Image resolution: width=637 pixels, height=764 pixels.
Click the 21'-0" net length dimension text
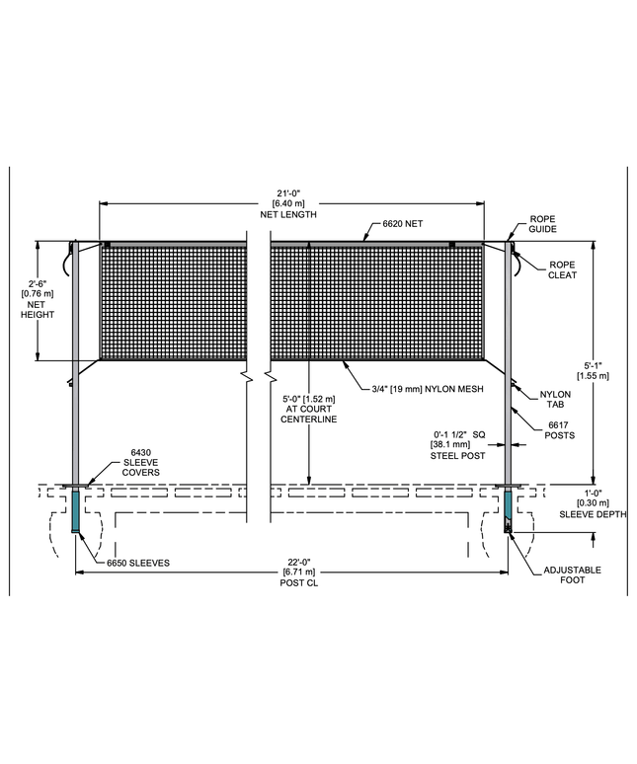coord(288,203)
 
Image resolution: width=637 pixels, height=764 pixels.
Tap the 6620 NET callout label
coord(403,224)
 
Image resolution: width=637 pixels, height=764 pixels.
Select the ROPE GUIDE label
coord(542,224)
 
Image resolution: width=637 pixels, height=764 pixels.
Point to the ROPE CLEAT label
coord(562,269)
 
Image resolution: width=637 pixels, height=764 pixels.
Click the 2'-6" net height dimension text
coord(38,299)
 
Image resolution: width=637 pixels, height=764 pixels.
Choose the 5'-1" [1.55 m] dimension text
coord(593,370)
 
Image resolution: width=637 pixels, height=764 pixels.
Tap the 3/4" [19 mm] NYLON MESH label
coord(428,389)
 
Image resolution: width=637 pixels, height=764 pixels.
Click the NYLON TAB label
coord(555,399)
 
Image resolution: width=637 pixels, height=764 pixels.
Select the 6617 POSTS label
coord(559,430)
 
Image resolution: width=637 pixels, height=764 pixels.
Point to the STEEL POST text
coord(457,456)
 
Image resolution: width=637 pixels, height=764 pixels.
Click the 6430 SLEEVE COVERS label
coord(141,462)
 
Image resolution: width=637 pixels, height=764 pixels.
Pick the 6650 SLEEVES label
coord(138,563)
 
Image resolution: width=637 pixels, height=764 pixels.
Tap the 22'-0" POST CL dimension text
coord(299,573)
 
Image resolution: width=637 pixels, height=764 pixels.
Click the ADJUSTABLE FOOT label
coord(572,574)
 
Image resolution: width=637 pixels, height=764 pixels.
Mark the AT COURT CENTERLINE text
coord(308,414)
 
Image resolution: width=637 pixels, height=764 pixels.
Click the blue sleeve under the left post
coord(75,511)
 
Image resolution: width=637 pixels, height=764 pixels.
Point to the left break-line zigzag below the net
coord(247,377)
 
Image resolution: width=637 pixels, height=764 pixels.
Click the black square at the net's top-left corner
coord(108,244)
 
